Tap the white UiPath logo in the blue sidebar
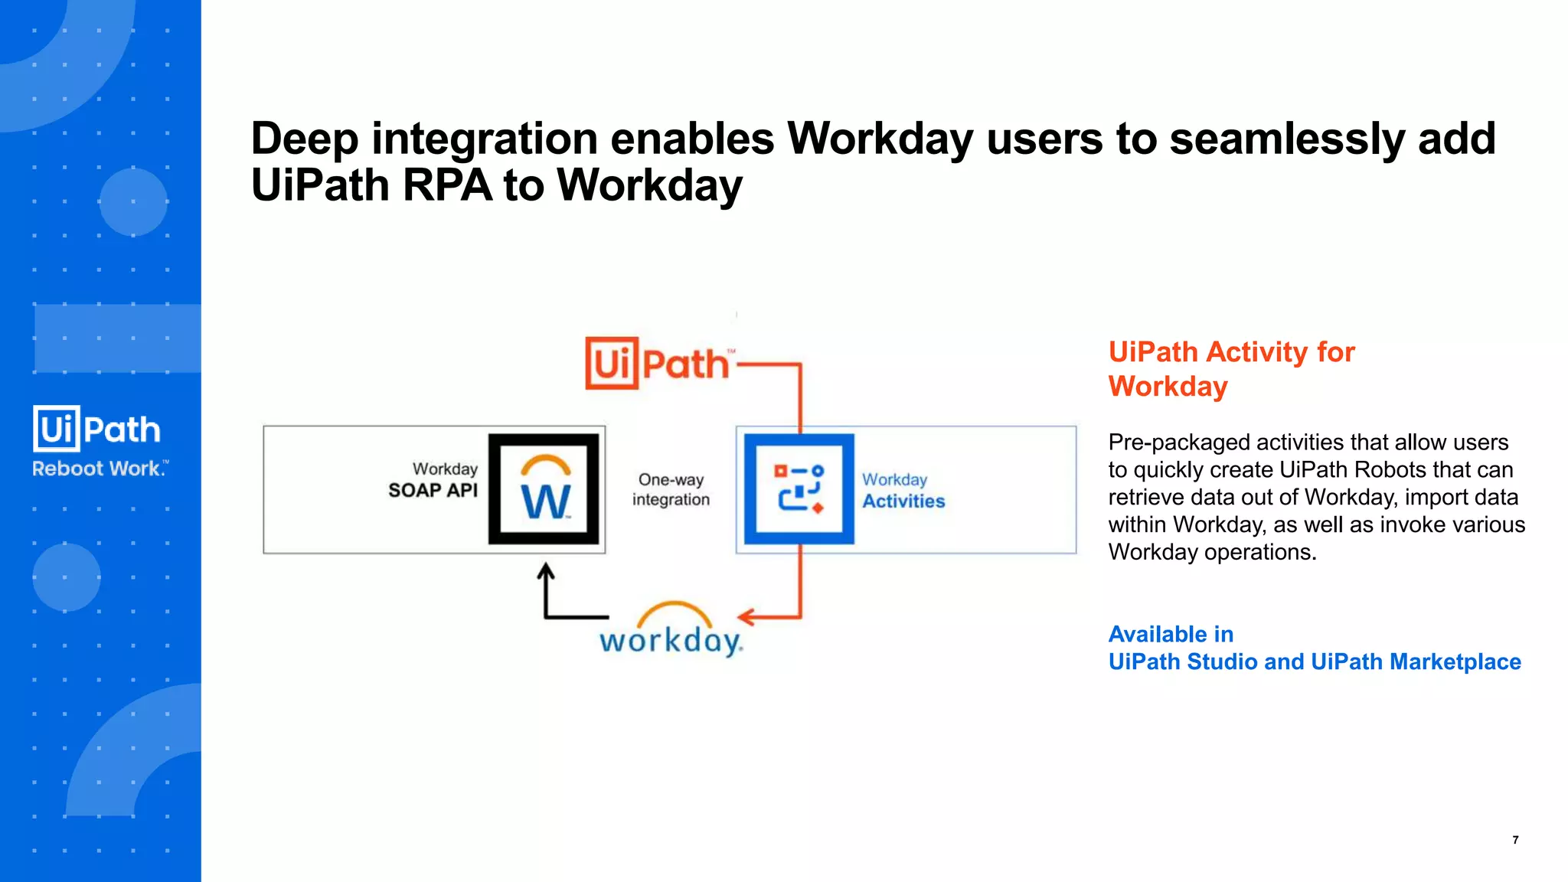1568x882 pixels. click(x=97, y=429)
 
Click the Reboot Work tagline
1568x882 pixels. click(x=100, y=469)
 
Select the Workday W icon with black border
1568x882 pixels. click(x=544, y=489)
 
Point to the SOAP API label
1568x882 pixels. click(x=433, y=490)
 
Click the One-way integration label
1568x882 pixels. click(x=671, y=489)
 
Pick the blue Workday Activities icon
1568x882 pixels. click(x=799, y=489)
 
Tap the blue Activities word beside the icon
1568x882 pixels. click(x=903, y=501)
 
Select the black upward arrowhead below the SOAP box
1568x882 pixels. click(x=545, y=570)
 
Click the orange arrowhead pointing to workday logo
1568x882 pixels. click(x=745, y=616)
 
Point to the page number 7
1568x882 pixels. click(x=1515, y=840)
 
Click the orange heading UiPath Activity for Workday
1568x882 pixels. click(x=1231, y=369)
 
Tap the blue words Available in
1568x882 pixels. click(x=1171, y=634)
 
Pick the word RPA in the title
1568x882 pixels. click(x=447, y=185)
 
